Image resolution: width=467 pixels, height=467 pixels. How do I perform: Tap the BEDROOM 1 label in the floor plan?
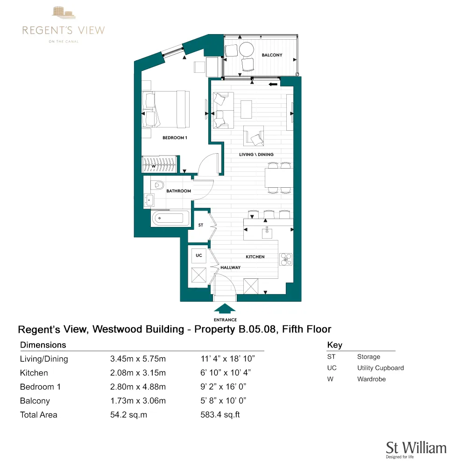tap(175, 138)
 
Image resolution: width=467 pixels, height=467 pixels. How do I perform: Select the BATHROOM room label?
tap(179, 191)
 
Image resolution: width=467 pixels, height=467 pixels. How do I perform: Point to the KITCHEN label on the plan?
tap(255, 257)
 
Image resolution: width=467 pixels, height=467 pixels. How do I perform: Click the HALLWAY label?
tap(231, 268)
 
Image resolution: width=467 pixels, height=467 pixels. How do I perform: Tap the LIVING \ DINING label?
tap(256, 155)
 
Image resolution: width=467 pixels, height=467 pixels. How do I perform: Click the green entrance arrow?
tap(225, 309)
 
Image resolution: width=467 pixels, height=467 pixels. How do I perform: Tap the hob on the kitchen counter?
tap(285, 259)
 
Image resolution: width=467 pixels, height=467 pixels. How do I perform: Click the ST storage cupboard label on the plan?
tap(201, 225)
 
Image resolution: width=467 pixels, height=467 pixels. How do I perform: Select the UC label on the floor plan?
tap(199, 255)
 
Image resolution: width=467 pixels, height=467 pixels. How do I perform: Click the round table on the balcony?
tap(246, 50)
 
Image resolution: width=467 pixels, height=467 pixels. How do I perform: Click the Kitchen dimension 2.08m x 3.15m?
tap(138, 373)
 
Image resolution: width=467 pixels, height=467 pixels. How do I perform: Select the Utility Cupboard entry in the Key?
tap(380, 368)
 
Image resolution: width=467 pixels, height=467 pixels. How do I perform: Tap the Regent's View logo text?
tap(64, 31)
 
